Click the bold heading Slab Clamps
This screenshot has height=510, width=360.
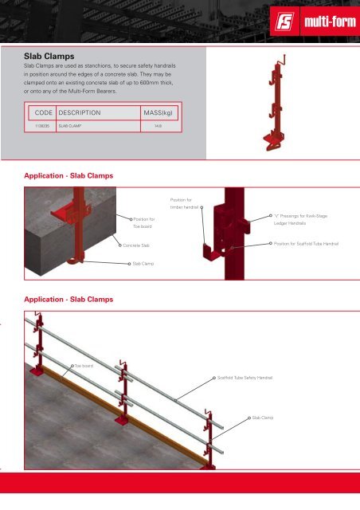pos(53,57)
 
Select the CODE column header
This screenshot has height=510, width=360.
pos(40,113)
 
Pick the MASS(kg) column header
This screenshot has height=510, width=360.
pos(158,113)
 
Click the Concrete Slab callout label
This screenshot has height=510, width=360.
pos(135,245)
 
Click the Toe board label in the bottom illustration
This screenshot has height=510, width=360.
pos(84,366)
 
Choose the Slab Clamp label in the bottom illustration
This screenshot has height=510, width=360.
pos(263,417)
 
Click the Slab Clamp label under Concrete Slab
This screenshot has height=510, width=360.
pos(143,262)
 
